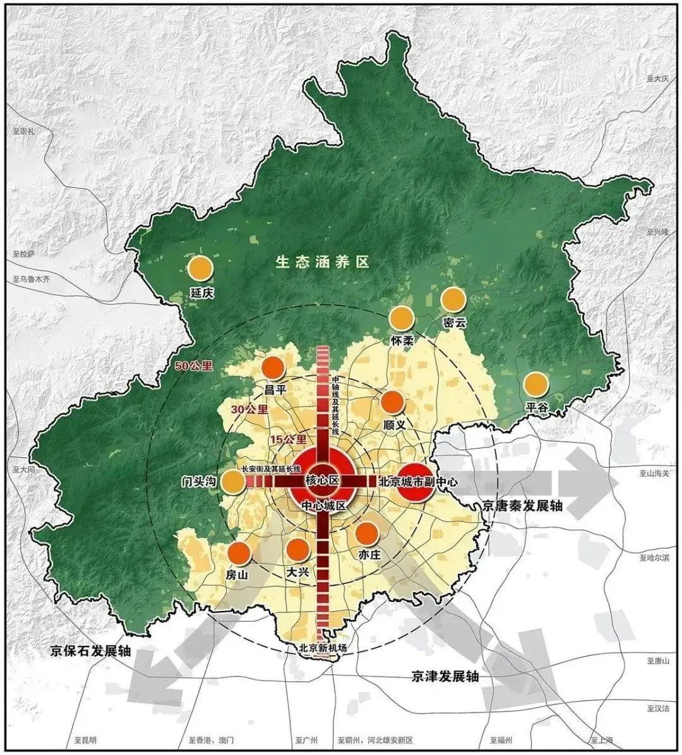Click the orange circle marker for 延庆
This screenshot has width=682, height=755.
[200, 268]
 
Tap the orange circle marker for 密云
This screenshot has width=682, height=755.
[453, 299]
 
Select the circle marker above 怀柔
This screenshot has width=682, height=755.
[401, 318]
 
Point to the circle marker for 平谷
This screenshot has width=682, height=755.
[535, 384]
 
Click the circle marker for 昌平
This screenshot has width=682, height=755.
[273, 368]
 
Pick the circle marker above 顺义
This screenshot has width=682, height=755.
[392, 402]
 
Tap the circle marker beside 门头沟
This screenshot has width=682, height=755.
[232, 482]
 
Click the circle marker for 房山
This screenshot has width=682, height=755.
[239, 553]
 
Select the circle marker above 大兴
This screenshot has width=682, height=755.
[297, 550]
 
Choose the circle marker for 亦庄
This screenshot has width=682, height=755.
[367, 533]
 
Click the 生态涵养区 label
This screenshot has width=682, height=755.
[321, 263]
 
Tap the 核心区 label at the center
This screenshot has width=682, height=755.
[322, 480]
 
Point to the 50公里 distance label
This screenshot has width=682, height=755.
[194, 365]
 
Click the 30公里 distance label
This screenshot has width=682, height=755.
[249, 409]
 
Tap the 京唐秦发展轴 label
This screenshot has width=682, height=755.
[521, 506]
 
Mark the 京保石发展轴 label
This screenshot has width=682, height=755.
[91, 651]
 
